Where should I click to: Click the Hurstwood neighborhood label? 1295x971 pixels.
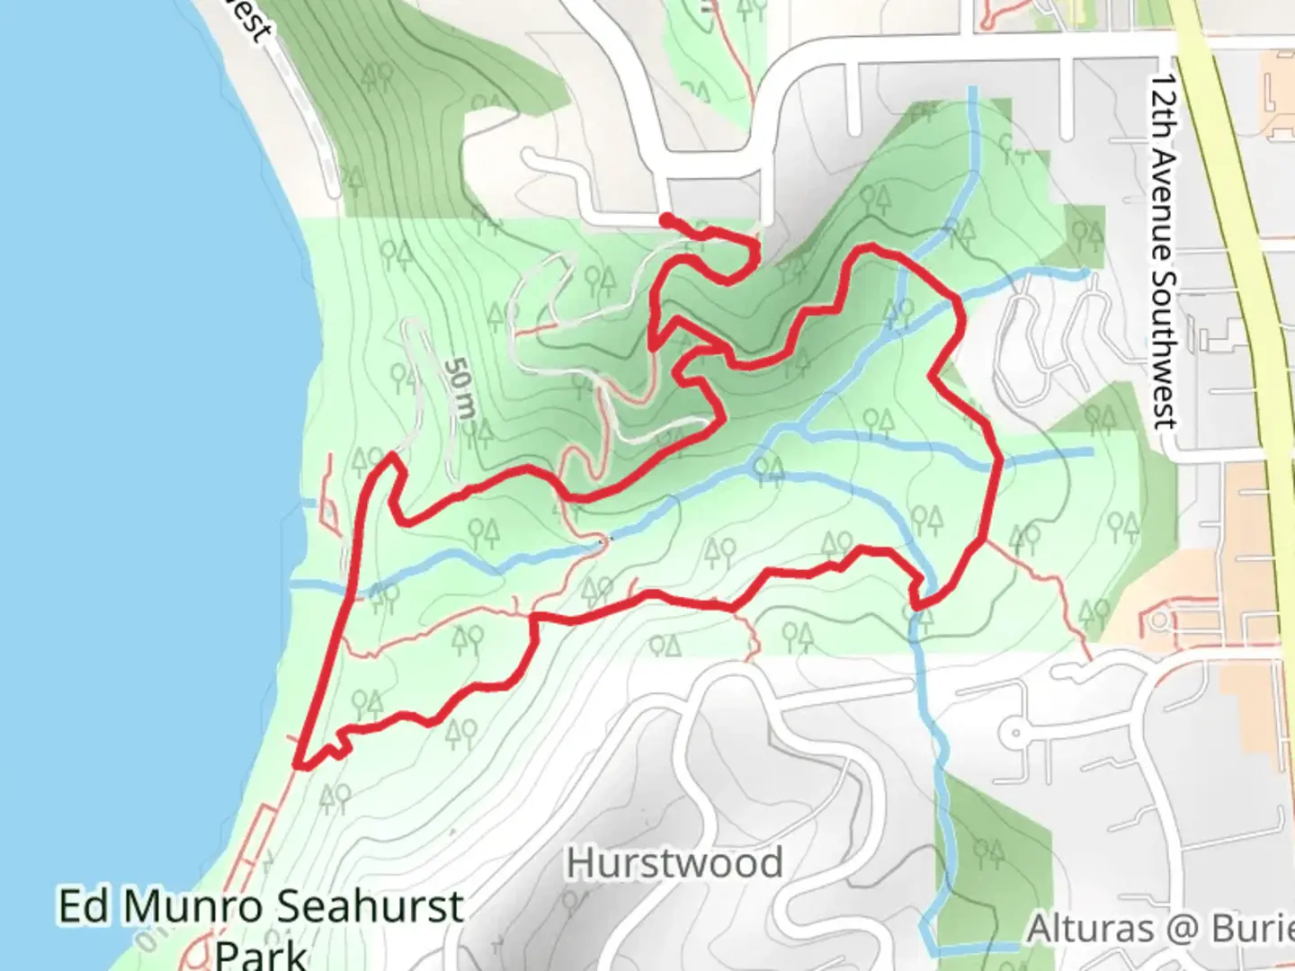674,864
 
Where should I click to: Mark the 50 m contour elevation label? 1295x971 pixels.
460,389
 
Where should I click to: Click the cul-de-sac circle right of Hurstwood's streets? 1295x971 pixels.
1015,733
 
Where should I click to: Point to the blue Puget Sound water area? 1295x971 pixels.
117,450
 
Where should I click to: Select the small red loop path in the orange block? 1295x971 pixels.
1160,620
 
